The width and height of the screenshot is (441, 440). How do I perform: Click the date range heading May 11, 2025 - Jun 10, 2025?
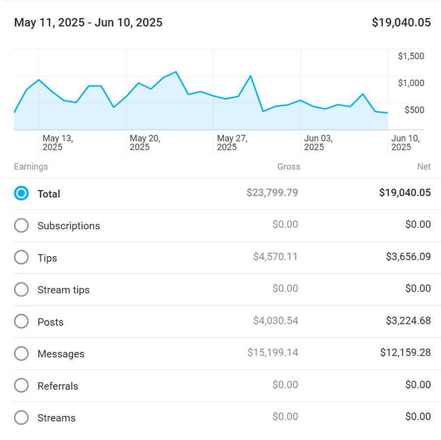(x=88, y=23)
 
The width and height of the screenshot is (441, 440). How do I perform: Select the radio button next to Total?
(x=21, y=193)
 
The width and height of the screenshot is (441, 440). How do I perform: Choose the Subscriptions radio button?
(x=21, y=225)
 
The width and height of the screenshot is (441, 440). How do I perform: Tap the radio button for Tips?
(x=21, y=257)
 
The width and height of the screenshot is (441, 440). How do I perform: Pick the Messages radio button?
(x=21, y=353)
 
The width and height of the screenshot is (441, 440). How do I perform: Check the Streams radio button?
(x=21, y=417)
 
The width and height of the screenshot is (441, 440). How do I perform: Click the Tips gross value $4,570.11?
(x=275, y=256)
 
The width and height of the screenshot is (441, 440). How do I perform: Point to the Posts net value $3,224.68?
(x=408, y=321)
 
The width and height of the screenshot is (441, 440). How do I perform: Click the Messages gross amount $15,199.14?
(x=272, y=352)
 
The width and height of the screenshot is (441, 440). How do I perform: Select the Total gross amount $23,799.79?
(x=272, y=192)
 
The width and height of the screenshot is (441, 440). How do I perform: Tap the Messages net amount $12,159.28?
(x=406, y=352)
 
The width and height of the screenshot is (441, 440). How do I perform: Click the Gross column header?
(x=288, y=167)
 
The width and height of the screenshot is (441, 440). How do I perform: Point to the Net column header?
(x=424, y=167)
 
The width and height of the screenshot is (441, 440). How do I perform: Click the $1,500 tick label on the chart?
(x=411, y=56)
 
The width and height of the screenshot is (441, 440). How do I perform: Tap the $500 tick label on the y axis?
(x=414, y=110)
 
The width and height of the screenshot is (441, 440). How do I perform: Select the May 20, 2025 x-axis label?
(x=145, y=143)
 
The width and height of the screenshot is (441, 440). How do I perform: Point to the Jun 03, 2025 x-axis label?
(x=318, y=143)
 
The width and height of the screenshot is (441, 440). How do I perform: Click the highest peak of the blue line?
(x=176, y=72)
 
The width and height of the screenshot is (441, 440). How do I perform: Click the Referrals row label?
(x=58, y=386)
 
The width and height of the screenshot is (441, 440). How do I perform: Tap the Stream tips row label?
(x=64, y=290)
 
